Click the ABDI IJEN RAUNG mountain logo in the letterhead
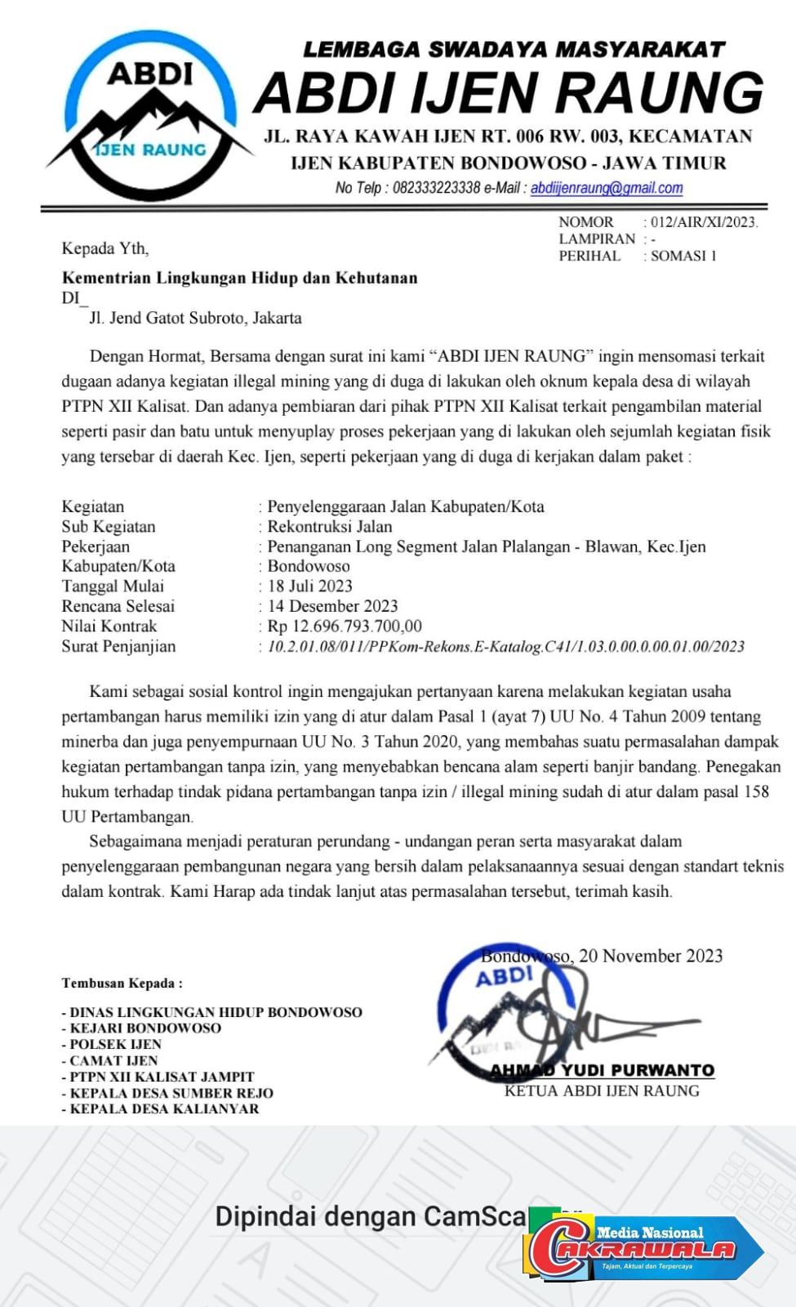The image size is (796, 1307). point(150,114)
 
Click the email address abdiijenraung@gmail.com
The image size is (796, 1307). point(607,188)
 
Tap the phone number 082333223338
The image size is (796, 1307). point(436,188)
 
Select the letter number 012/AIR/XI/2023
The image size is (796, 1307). point(704,222)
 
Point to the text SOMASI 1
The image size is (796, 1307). point(683,256)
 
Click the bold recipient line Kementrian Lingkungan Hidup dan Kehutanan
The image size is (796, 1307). point(239,278)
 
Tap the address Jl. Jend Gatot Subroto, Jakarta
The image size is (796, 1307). point(195,318)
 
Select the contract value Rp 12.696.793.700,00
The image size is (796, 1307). point(345,627)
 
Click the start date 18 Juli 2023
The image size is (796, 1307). point(310,586)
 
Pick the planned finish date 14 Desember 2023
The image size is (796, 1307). point(332,606)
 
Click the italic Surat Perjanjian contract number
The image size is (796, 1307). point(506,647)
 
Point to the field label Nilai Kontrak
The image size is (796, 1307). point(109,627)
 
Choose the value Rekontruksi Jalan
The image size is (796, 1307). point(330,527)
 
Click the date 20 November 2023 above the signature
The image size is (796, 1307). point(651,956)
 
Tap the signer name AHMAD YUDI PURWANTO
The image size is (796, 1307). point(602,1070)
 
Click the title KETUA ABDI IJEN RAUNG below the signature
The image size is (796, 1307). point(602,1091)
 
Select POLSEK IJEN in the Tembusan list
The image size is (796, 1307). point(115,1044)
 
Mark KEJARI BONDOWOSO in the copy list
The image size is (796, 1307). point(145,1028)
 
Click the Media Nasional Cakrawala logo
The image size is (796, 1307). point(645,1248)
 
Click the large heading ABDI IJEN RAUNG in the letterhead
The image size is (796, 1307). point(508,92)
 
